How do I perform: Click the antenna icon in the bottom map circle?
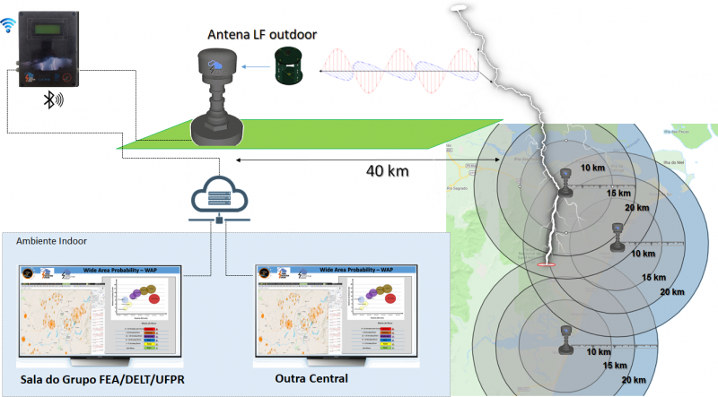tap(566, 334)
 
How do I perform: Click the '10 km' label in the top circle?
tap(592, 168)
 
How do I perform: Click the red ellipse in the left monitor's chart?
tap(153, 298)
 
